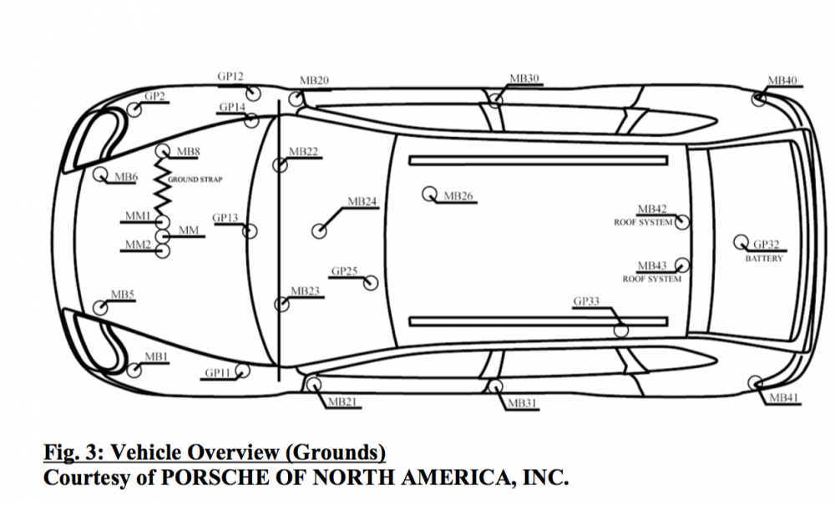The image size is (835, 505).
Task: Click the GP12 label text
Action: click(x=230, y=77)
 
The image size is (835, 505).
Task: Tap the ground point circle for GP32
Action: click(x=740, y=242)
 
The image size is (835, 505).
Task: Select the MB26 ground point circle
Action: click(x=432, y=194)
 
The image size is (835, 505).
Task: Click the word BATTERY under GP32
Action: click(x=764, y=259)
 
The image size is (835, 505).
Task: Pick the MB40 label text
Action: click(x=782, y=81)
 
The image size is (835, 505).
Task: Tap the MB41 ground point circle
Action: click(x=757, y=383)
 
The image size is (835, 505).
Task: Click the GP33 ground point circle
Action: click(x=621, y=329)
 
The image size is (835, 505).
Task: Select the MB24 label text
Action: click(x=362, y=202)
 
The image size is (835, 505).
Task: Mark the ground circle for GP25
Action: click(x=371, y=283)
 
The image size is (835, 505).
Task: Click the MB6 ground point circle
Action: click(x=100, y=174)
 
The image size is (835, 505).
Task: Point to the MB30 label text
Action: click(x=524, y=79)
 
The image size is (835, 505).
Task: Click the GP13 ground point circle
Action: click(x=248, y=231)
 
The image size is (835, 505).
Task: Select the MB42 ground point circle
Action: click(x=682, y=222)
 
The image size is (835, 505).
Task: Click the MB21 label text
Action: click(x=342, y=401)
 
